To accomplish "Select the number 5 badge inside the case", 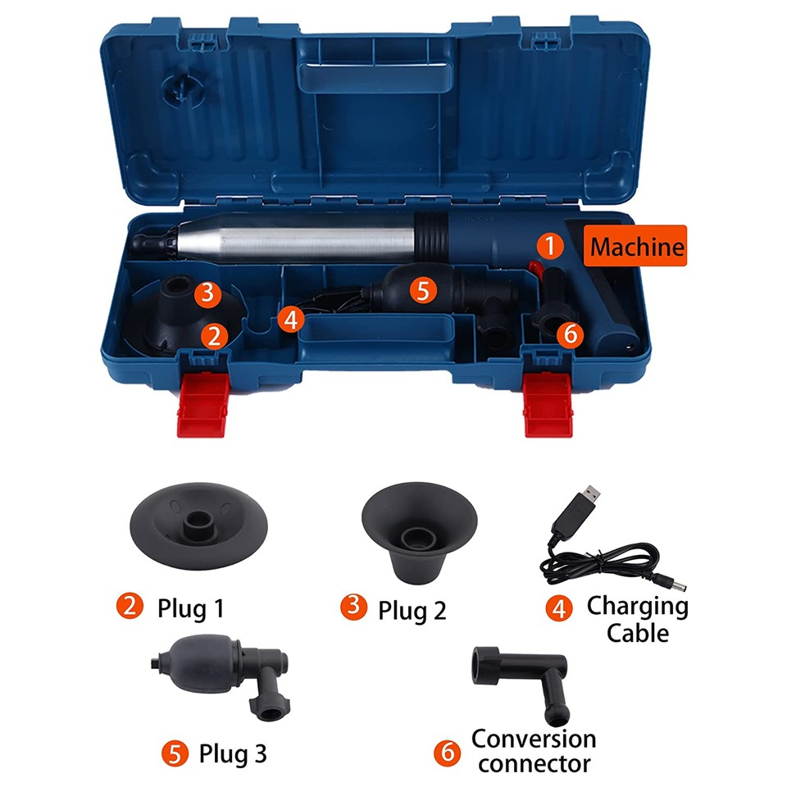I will point(422,290).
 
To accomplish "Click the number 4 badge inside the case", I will point(289,318).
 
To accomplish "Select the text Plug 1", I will point(189,607).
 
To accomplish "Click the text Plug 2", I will point(412,608).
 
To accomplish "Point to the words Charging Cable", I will point(637,619).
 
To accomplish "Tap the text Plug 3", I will point(232,752).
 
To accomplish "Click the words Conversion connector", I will point(533,750).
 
